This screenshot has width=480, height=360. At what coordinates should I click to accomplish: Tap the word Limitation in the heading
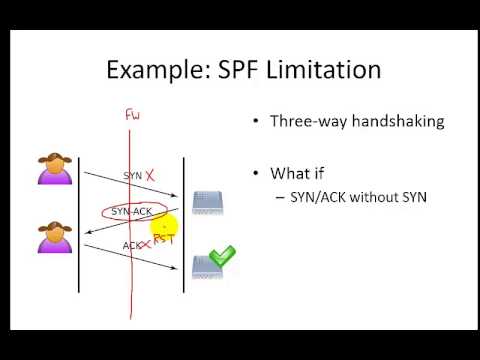pos(326,70)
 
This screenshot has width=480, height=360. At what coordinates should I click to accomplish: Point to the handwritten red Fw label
pos(131,116)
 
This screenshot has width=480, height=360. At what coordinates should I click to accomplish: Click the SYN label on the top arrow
pos(132,176)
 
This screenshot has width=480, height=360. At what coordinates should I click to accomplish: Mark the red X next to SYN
pos(150,175)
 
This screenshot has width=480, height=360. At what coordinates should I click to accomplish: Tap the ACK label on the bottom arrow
pos(132,245)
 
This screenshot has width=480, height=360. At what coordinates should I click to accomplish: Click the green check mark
pos(222,257)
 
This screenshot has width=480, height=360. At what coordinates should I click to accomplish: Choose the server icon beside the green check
pos(205,265)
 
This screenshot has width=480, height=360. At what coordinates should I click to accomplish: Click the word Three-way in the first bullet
pos(304,121)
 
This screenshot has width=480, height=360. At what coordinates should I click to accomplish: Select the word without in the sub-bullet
pos(366,197)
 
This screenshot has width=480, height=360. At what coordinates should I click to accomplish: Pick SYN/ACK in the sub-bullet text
pos(313,197)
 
